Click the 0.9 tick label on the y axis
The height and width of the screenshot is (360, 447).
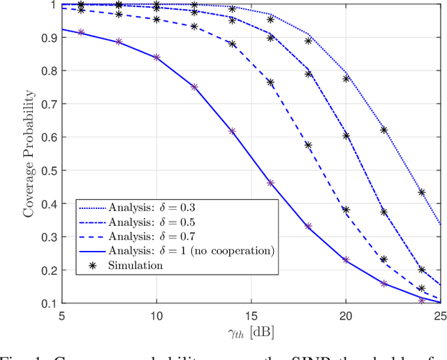[52, 37]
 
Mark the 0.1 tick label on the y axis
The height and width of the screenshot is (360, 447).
[52, 304]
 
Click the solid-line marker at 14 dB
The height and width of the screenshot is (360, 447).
[233, 131]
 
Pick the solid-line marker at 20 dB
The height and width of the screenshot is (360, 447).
[346, 260]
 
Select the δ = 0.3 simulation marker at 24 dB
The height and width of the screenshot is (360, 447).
[421, 192]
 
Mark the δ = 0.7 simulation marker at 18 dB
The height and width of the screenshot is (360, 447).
[308, 145]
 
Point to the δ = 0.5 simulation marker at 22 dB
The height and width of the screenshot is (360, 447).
[383, 212]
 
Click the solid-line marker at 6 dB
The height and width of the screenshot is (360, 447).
[81, 33]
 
